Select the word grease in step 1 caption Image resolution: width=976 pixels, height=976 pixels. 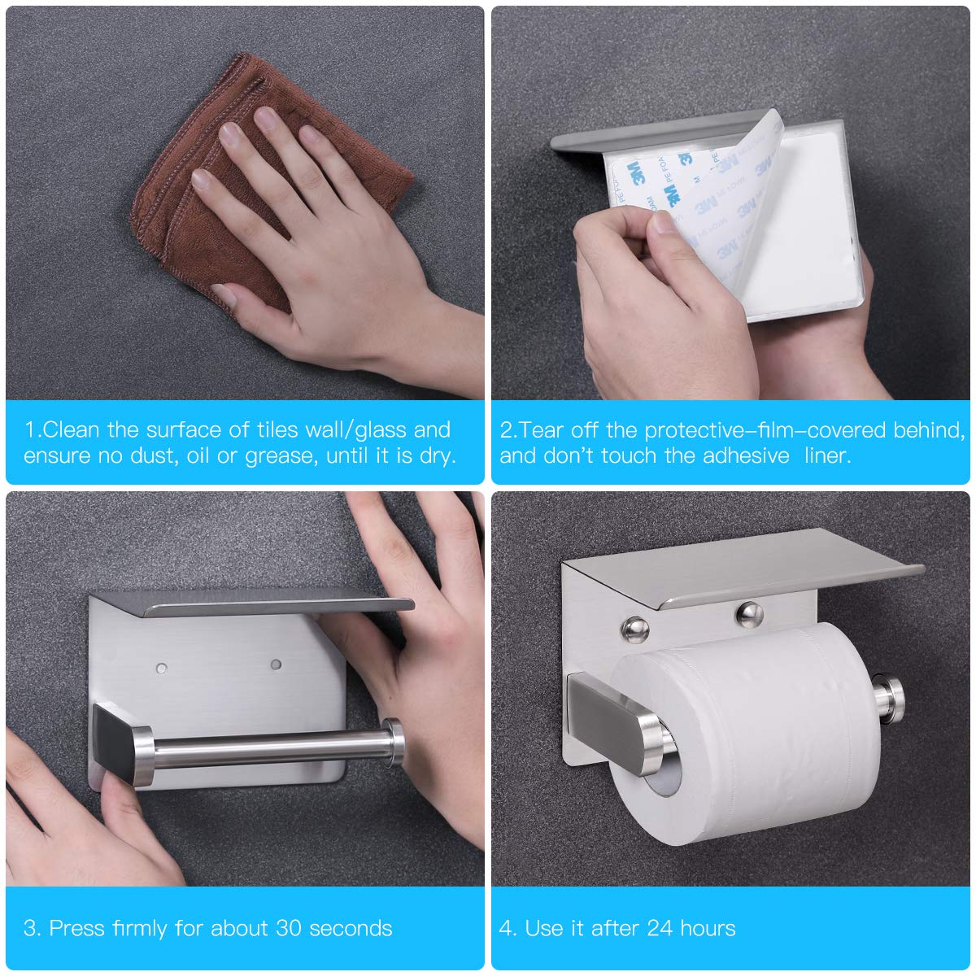(278, 455)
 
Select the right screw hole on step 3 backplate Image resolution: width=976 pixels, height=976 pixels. (276, 664)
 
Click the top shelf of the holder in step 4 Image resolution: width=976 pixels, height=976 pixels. (732, 569)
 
